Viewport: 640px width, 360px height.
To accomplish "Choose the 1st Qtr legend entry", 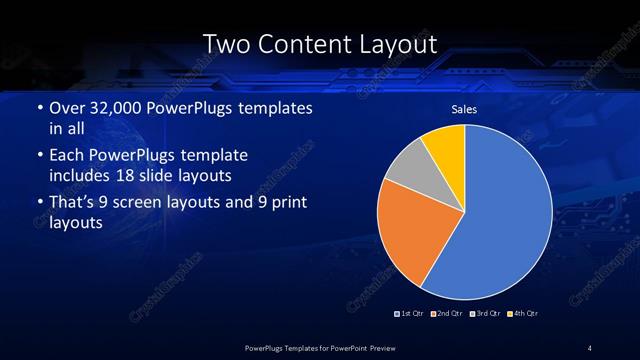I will (x=410, y=314).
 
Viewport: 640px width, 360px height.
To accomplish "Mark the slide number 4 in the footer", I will (x=590, y=347).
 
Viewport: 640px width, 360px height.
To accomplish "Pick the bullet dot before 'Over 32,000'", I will (x=38, y=108).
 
